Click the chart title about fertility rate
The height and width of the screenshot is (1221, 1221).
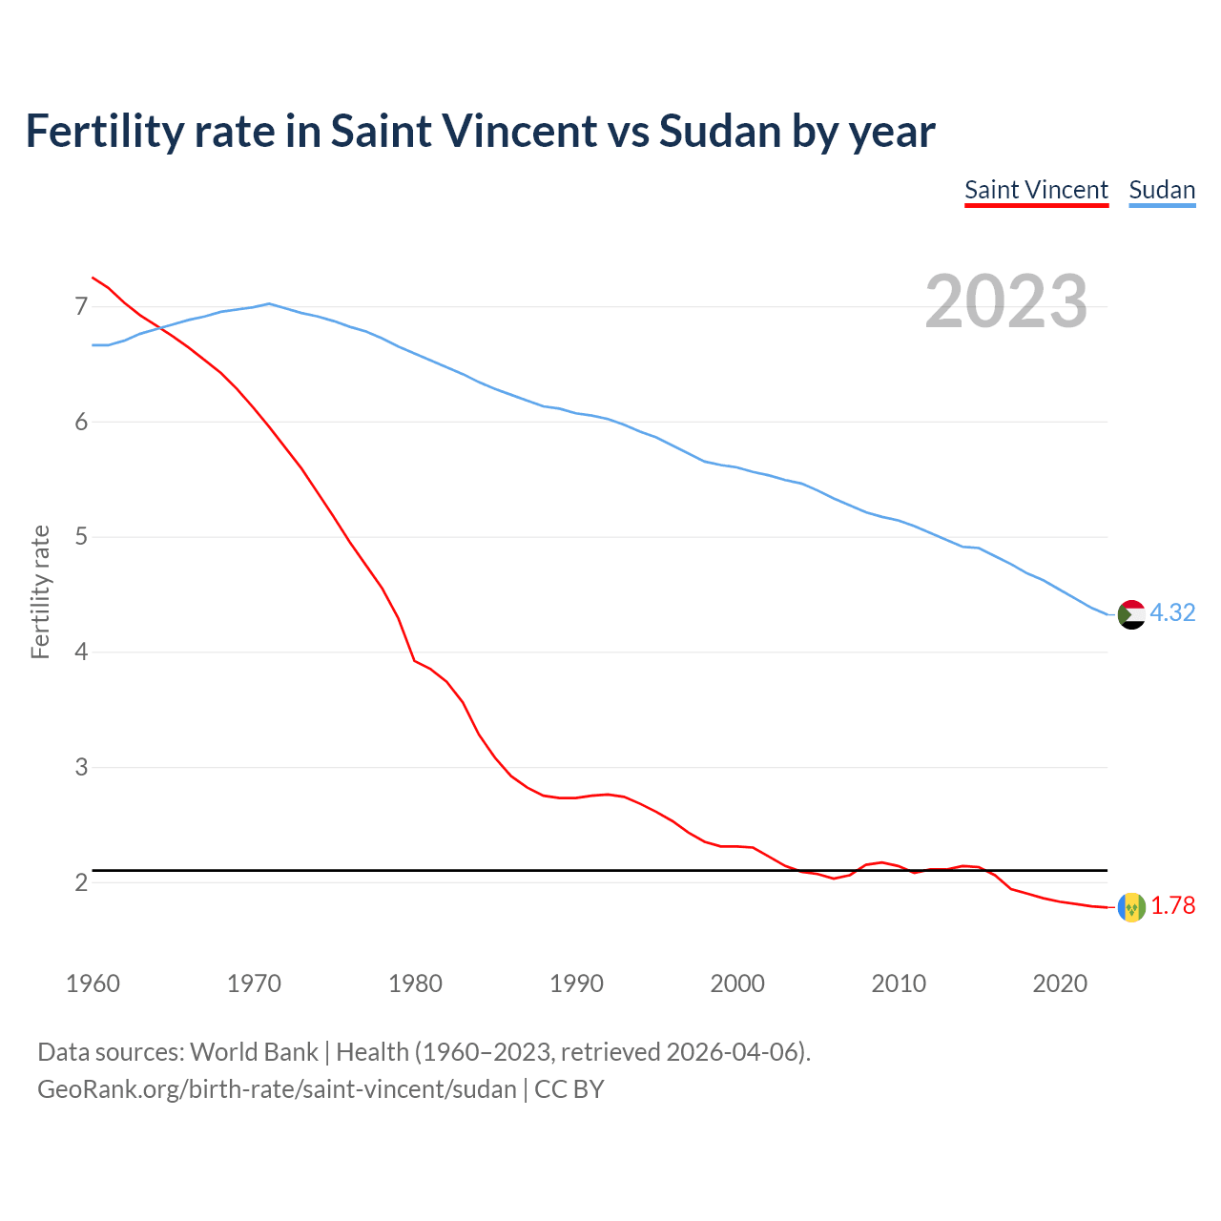click(480, 132)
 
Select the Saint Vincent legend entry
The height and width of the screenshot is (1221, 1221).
click(1036, 190)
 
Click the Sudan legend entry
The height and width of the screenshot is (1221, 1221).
click(1162, 190)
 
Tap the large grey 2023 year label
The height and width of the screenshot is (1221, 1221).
click(1005, 301)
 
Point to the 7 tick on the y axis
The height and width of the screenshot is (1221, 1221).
click(81, 306)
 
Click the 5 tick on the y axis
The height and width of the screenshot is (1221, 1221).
click(81, 537)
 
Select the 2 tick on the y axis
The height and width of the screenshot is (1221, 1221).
click(81, 882)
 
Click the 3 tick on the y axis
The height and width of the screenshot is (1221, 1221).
click(81, 767)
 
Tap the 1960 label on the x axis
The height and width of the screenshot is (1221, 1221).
click(93, 983)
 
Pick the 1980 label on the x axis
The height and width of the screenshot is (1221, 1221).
click(415, 983)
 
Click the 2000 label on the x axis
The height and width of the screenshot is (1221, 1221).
click(737, 983)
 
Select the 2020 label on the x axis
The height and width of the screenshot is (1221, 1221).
click(1060, 983)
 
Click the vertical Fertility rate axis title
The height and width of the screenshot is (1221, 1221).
click(40, 591)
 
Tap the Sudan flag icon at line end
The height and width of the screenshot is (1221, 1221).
click(1131, 614)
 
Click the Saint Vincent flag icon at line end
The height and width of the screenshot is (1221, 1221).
click(1131, 907)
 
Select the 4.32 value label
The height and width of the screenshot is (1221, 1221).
click(1172, 613)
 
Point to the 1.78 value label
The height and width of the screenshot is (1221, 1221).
click(1172, 906)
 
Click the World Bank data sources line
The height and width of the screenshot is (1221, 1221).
click(424, 1052)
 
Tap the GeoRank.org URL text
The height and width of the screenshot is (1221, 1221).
click(277, 1089)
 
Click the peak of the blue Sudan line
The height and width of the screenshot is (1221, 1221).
click(269, 303)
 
